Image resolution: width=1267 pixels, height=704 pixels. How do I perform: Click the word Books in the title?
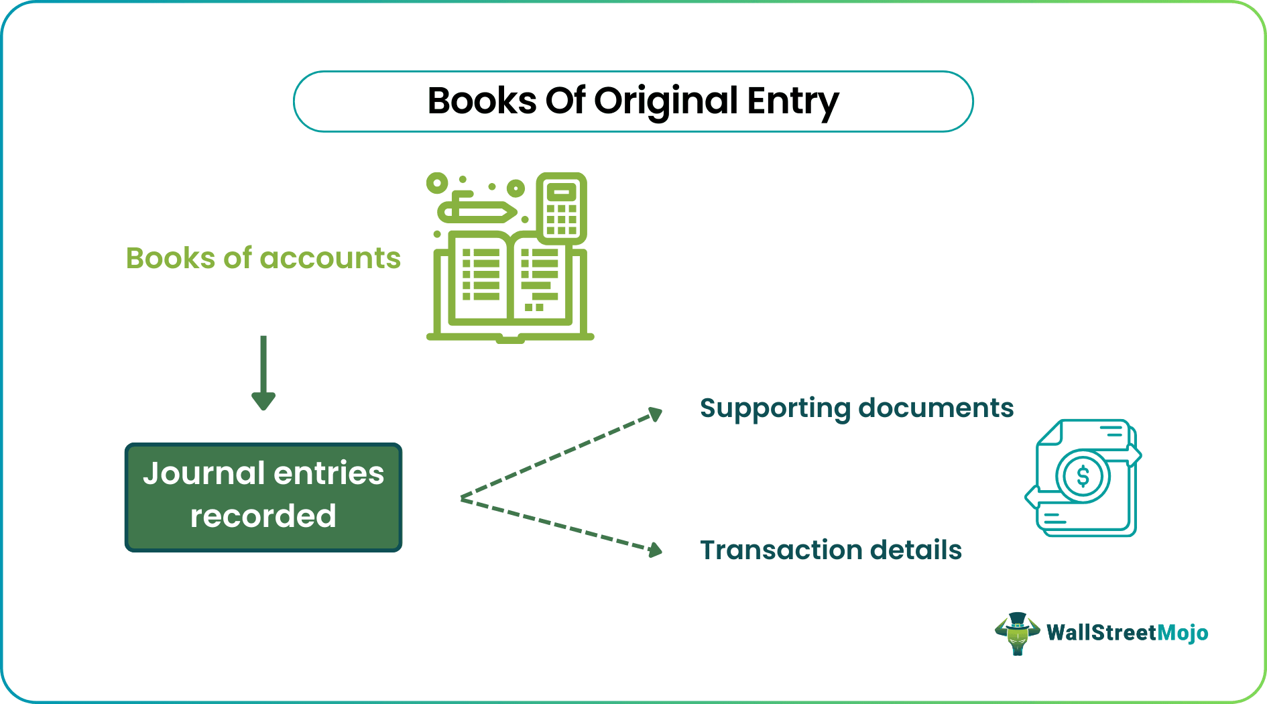coord(482,101)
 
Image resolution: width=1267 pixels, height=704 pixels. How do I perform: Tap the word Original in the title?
coord(666,101)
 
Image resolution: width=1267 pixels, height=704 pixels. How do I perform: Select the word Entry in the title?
coord(792,101)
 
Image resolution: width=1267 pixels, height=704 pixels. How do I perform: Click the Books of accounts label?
coord(263,258)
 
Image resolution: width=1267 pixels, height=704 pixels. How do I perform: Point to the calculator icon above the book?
coord(561,208)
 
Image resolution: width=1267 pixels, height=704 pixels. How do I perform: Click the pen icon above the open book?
coord(477,211)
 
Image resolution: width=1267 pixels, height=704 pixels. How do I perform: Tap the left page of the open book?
coord(480,278)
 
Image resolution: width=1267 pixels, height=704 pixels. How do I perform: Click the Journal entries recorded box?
coord(263,497)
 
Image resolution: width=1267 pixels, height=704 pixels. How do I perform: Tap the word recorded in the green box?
coord(263,516)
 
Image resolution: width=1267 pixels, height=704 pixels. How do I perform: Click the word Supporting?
coord(775,408)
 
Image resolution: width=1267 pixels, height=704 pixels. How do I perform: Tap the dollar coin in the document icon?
coord(1083,477)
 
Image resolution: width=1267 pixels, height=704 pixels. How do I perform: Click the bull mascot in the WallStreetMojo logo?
coord(1017,633)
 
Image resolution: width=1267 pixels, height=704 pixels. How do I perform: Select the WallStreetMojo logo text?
coord(1127,632)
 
